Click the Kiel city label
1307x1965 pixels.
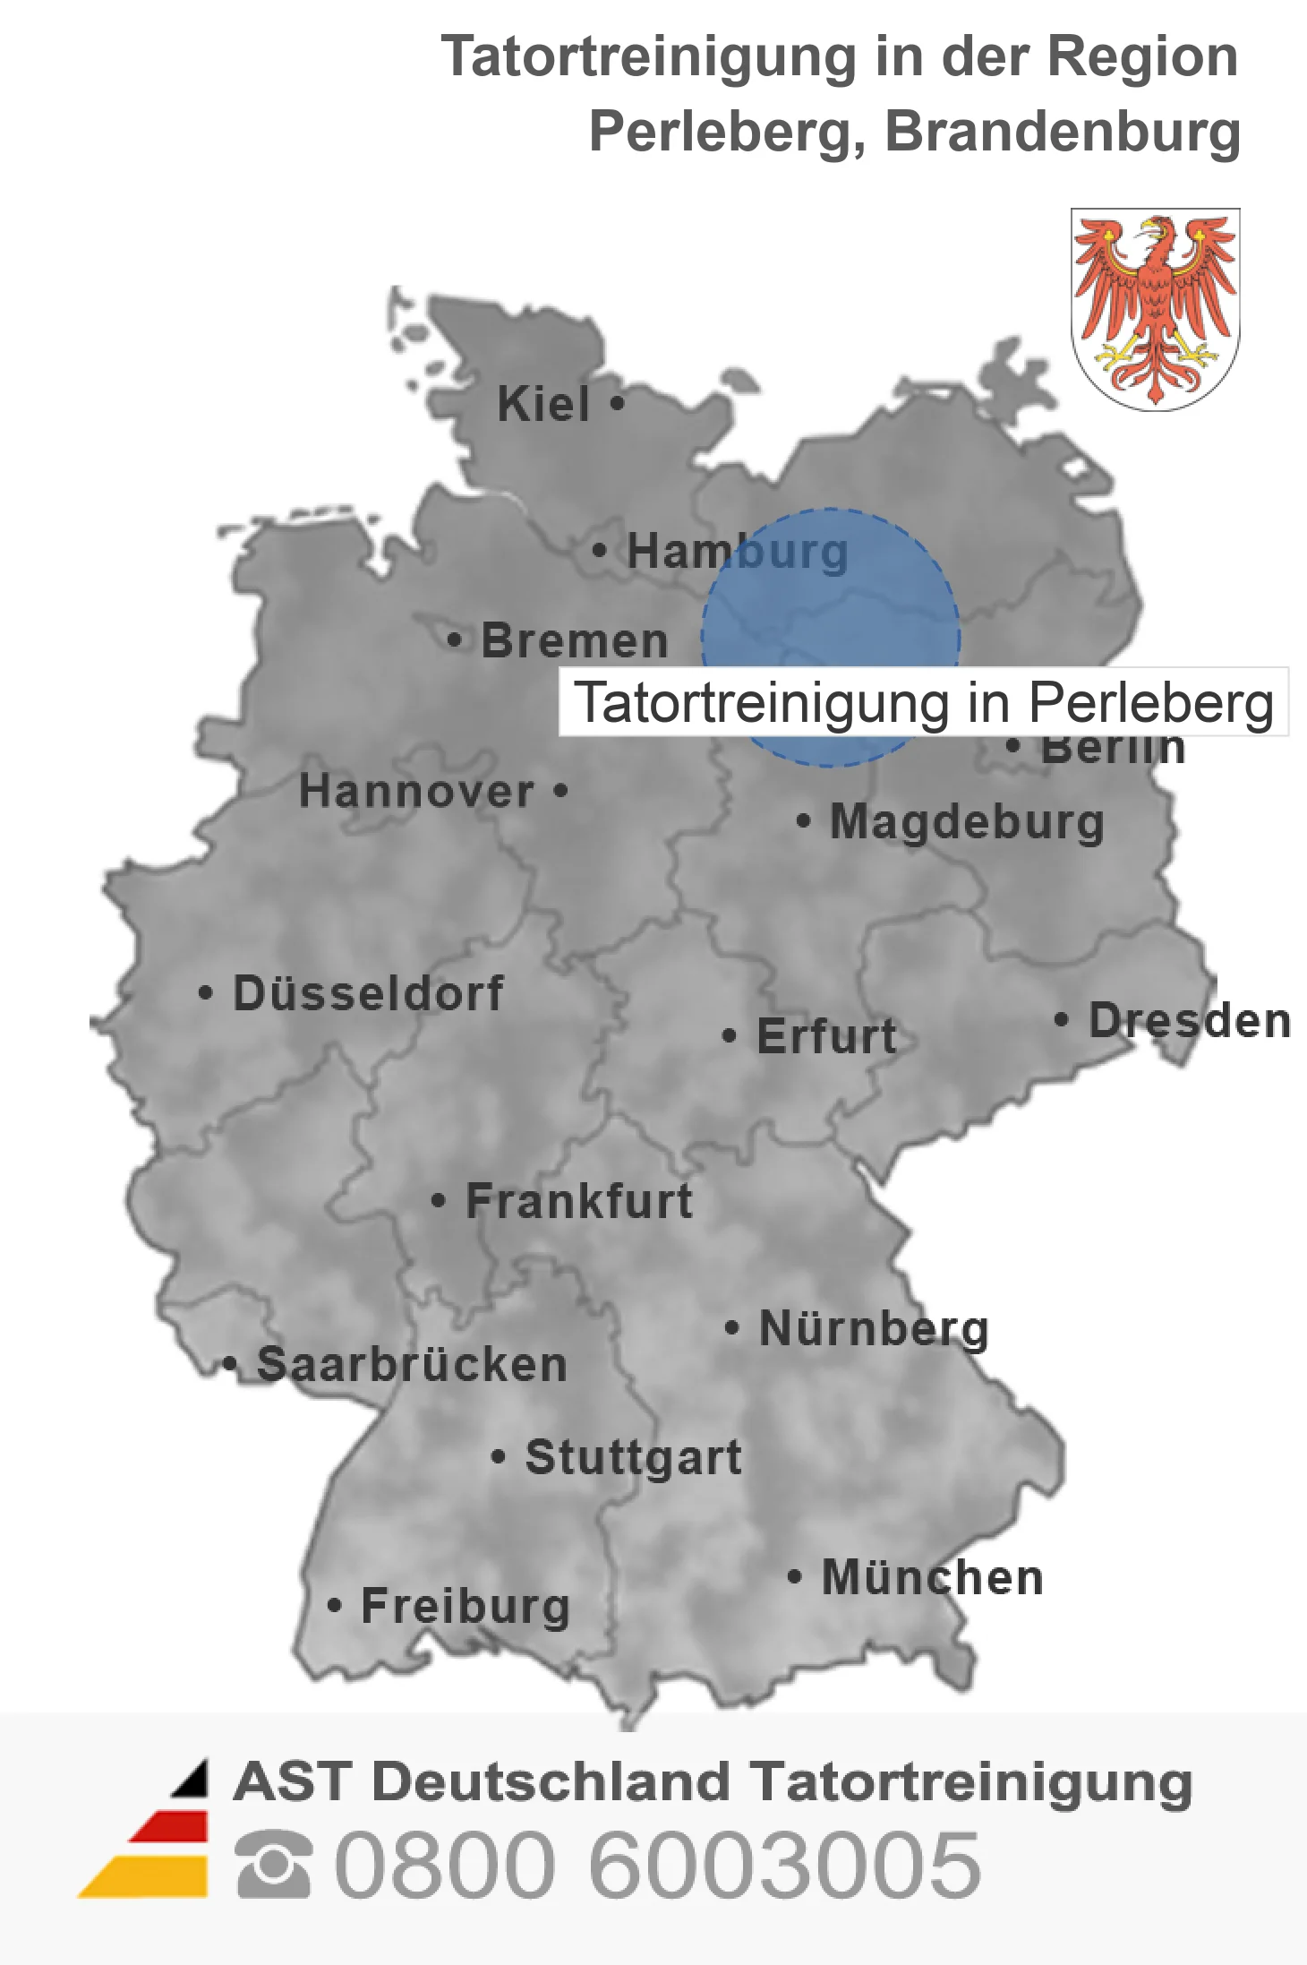point(543,404)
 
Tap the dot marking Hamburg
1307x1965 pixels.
point(600,550)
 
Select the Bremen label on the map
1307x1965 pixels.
point(575,640)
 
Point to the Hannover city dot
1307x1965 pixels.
point(560,791)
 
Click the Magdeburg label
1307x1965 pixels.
point(967,821)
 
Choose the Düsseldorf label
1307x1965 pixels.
point(368,993)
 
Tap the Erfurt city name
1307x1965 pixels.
point(826,1036)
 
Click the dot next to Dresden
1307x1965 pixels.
point(1061,1019)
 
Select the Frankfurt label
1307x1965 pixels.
point(579,1201)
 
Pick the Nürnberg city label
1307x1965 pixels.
point(874,1328)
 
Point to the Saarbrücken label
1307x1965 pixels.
point(412,1365)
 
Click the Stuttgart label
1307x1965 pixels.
point(633,1457)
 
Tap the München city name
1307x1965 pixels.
point(932,1577)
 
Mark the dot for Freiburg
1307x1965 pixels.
point(334,1605)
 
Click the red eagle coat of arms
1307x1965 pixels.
point(1155,308)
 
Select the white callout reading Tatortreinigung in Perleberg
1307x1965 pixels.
point(923,702)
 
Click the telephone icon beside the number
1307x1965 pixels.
point(273,1865)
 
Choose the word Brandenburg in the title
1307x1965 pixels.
point(1062,132)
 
